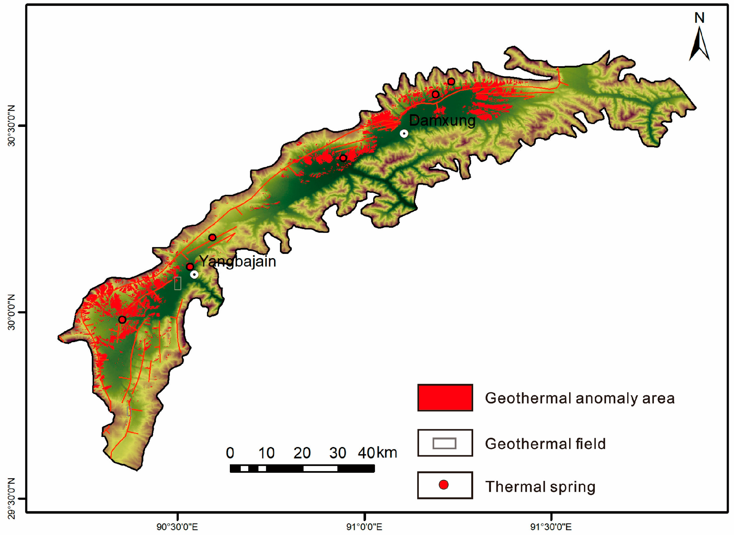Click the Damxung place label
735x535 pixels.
coord(442,121)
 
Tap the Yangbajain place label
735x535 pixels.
coord(238,261)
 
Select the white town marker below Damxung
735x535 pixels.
coord(404,134)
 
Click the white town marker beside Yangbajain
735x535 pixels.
coord(194,274)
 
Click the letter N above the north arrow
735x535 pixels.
coord(699,18)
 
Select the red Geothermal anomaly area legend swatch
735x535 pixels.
coord(445,398)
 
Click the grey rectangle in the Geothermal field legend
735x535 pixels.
coord(444,443)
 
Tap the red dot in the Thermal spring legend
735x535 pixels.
coord(444,485)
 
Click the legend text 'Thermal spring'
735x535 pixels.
coord(540,487)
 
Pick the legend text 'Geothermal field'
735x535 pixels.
coord(545,444)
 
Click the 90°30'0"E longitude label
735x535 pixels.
coord(177,527)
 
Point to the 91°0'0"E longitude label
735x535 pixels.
coord(364,527)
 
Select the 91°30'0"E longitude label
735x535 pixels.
coord(551,527)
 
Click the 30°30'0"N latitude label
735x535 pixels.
coord(12,126)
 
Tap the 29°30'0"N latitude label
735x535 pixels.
coord(12,498)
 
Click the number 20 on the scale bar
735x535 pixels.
coord(302,453)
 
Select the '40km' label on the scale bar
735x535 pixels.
coord(377,453)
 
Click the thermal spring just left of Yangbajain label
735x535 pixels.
coord(190,266)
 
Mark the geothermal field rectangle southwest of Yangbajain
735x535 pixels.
coord(177,283)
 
